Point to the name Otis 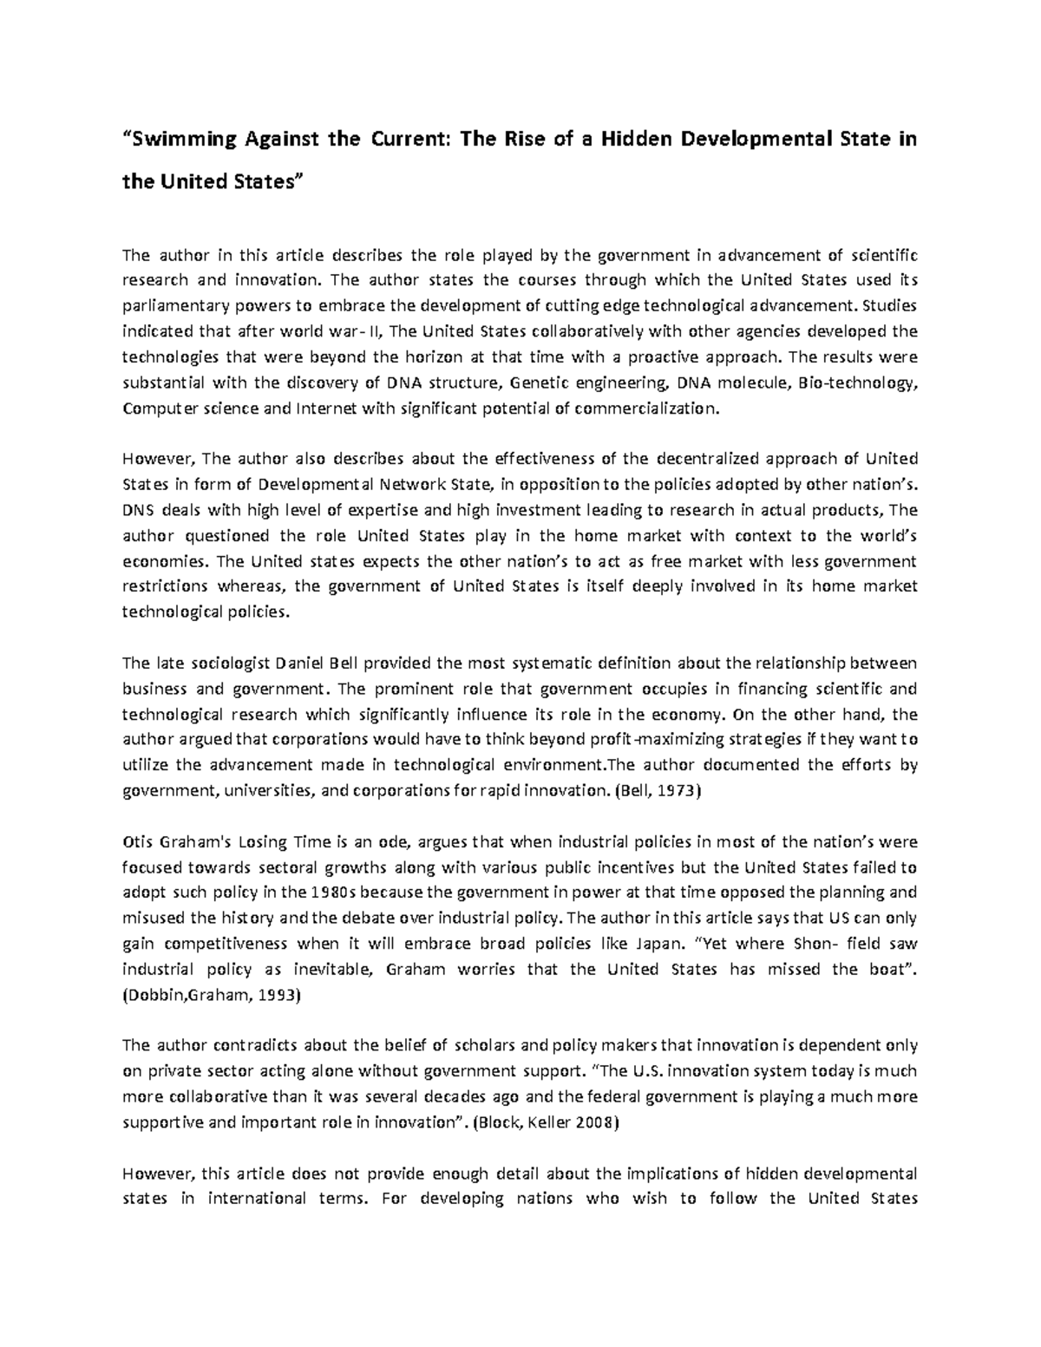pos(138,842)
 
